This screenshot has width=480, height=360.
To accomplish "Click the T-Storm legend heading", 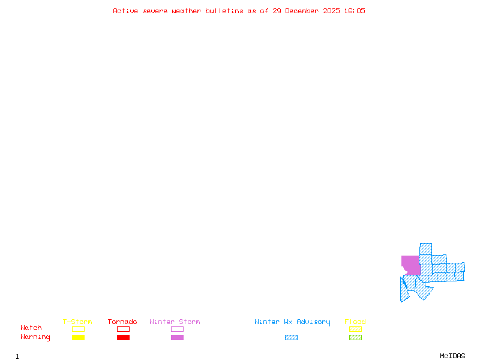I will tap(77, 322).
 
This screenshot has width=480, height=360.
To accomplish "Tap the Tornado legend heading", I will tap(122, 322).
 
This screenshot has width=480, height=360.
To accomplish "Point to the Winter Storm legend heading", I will tap(175, 322).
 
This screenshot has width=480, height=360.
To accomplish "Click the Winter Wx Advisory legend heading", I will tap(292, 322).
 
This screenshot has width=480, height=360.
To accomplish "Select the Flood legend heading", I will tap(355, 322).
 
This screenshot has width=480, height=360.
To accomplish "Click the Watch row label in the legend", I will tap(31, 328).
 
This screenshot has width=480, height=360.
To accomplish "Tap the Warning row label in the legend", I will tap(35, 337).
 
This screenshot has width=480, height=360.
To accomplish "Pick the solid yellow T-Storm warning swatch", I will tap(78, 338).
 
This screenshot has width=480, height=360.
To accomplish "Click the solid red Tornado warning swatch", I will tap(123, 338).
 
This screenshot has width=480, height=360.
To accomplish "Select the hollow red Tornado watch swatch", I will tap(123, 329).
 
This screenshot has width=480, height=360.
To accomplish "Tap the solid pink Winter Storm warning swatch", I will tap(177, 338).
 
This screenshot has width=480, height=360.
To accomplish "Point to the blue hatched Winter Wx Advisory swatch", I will tap(291, 338).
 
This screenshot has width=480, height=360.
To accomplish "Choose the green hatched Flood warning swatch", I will tap(355, 338).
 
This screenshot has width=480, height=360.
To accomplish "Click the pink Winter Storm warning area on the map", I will tap(410, 265).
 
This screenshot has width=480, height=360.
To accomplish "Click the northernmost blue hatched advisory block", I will tap(425, 248).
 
